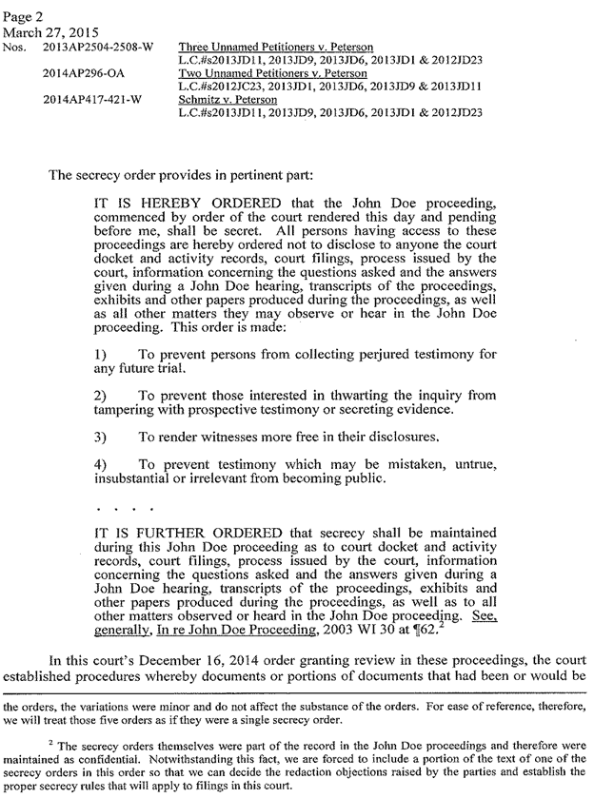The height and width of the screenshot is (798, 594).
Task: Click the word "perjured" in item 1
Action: pos(362,354)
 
